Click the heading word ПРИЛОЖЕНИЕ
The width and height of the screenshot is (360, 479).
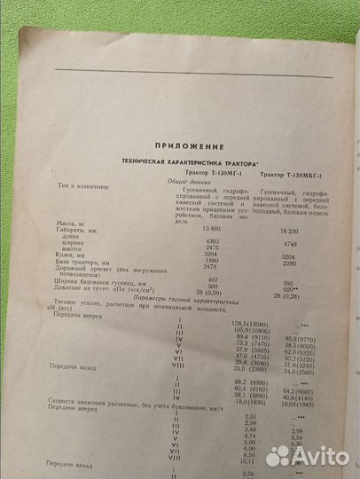[178, 145]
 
